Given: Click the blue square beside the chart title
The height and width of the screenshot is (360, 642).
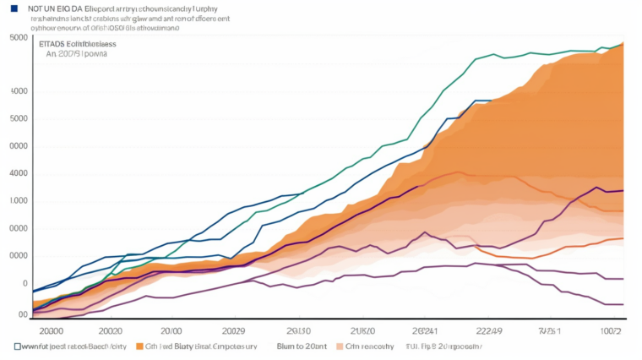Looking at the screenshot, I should pyautogui.click(x=13, y=8).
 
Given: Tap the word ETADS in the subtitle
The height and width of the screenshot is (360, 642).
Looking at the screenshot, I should pyautogui.click(x=52, y=41).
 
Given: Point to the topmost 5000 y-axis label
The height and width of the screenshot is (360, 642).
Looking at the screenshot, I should pyautogui.click(x=16, y=38).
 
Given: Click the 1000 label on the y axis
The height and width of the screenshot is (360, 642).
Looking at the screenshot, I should pyautogui.click(x=16, y=201).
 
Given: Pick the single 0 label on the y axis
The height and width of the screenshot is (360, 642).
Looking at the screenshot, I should pyautogui.click(x=25, y=284).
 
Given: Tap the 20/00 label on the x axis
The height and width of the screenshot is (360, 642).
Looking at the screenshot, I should pyautogui.click(x=171, y=330).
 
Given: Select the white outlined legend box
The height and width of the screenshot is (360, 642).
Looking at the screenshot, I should pyautogui.click(x=18, y=346).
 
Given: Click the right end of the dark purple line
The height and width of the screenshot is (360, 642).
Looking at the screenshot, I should pyautogui.click(x=623, y=191).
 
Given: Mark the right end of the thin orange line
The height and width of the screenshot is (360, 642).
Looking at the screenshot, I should pyautogui.click(x=623, y=238).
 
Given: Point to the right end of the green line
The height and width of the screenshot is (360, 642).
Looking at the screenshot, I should pyautogui.click(x=623, y=44).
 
